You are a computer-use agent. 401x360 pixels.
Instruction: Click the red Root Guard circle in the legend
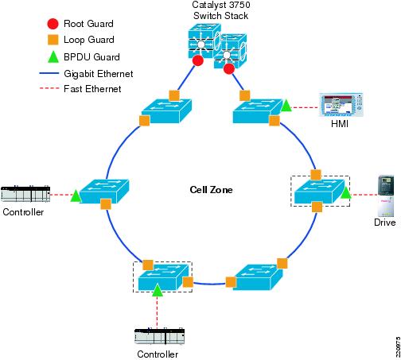pos(53,24)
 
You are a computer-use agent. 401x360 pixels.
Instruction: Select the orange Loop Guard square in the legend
pos(53,40)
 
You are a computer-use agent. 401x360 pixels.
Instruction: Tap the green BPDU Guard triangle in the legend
pos(53,56)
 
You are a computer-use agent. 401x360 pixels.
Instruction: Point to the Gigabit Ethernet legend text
pos(99,74)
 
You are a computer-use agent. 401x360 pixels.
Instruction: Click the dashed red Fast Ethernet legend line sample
pos(49,88)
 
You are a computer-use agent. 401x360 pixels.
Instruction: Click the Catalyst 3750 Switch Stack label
pos(221,10)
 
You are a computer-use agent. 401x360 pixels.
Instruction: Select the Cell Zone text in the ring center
pos(211,190)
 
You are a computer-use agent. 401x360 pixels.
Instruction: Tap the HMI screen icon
pos(341,105)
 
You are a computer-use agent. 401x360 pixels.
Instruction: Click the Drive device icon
pos(386,195)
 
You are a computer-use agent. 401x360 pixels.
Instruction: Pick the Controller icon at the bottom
pos(160,336)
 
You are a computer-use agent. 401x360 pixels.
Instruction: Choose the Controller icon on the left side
pos(25,194)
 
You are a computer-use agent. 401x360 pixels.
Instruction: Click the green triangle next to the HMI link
pos(286,106)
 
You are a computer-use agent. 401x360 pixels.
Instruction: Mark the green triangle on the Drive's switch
pos(345,192)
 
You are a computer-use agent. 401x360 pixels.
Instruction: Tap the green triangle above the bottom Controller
pos(158,290)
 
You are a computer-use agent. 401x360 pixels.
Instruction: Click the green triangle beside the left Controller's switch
pos(76,196)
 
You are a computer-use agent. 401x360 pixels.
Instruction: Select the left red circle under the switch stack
pos(198,60)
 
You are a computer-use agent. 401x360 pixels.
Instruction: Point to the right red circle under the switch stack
pos(229,69)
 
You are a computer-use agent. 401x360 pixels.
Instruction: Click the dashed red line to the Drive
pos(364,195)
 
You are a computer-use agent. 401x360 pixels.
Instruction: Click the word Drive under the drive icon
pos(384,223)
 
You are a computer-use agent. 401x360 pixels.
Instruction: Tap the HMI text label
pos(340,124)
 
